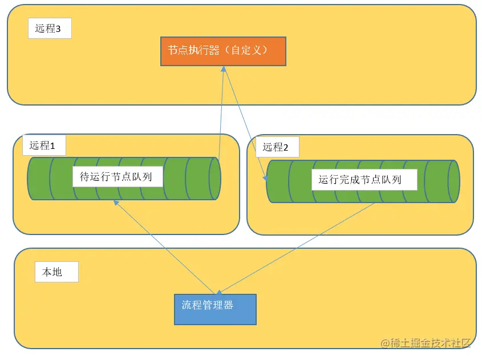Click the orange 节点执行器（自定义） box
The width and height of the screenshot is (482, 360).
coord(223,51)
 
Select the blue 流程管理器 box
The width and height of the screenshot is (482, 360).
coord(215,309)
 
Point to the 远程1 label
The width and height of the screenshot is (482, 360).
coord(43,145)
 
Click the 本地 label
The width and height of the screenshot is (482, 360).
coord(55,272)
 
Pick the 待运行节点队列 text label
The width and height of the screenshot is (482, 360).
coord(117,177)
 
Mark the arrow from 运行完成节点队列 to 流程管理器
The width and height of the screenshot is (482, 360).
coord(297,248)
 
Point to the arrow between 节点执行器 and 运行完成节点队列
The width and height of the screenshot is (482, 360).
coord(245,123)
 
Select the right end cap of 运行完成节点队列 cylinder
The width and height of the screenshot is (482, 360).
coord(453,181)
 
